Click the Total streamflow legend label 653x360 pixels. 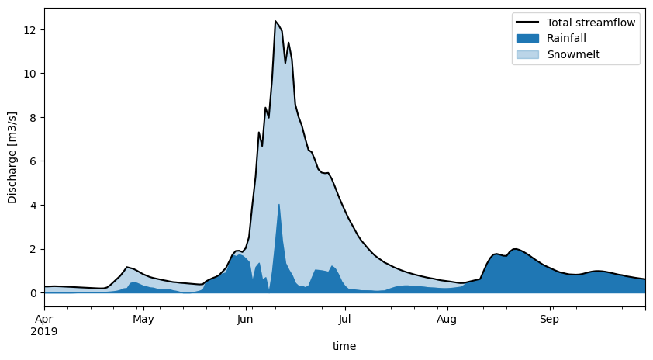point(591,22)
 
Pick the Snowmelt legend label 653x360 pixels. point(573,55)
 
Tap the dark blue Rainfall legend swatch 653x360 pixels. point(527,39)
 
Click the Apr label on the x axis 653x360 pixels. point(45,319)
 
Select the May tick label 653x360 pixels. point(143,319)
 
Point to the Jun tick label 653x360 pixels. point(245,319)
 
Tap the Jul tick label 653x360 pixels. point(344,319)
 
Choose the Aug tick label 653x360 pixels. point(447,319)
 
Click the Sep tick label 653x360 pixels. point(549,319)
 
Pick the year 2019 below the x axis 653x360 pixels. point(45,331)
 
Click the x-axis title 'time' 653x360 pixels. point(344,346)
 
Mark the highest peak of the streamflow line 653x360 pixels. point(275,21)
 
